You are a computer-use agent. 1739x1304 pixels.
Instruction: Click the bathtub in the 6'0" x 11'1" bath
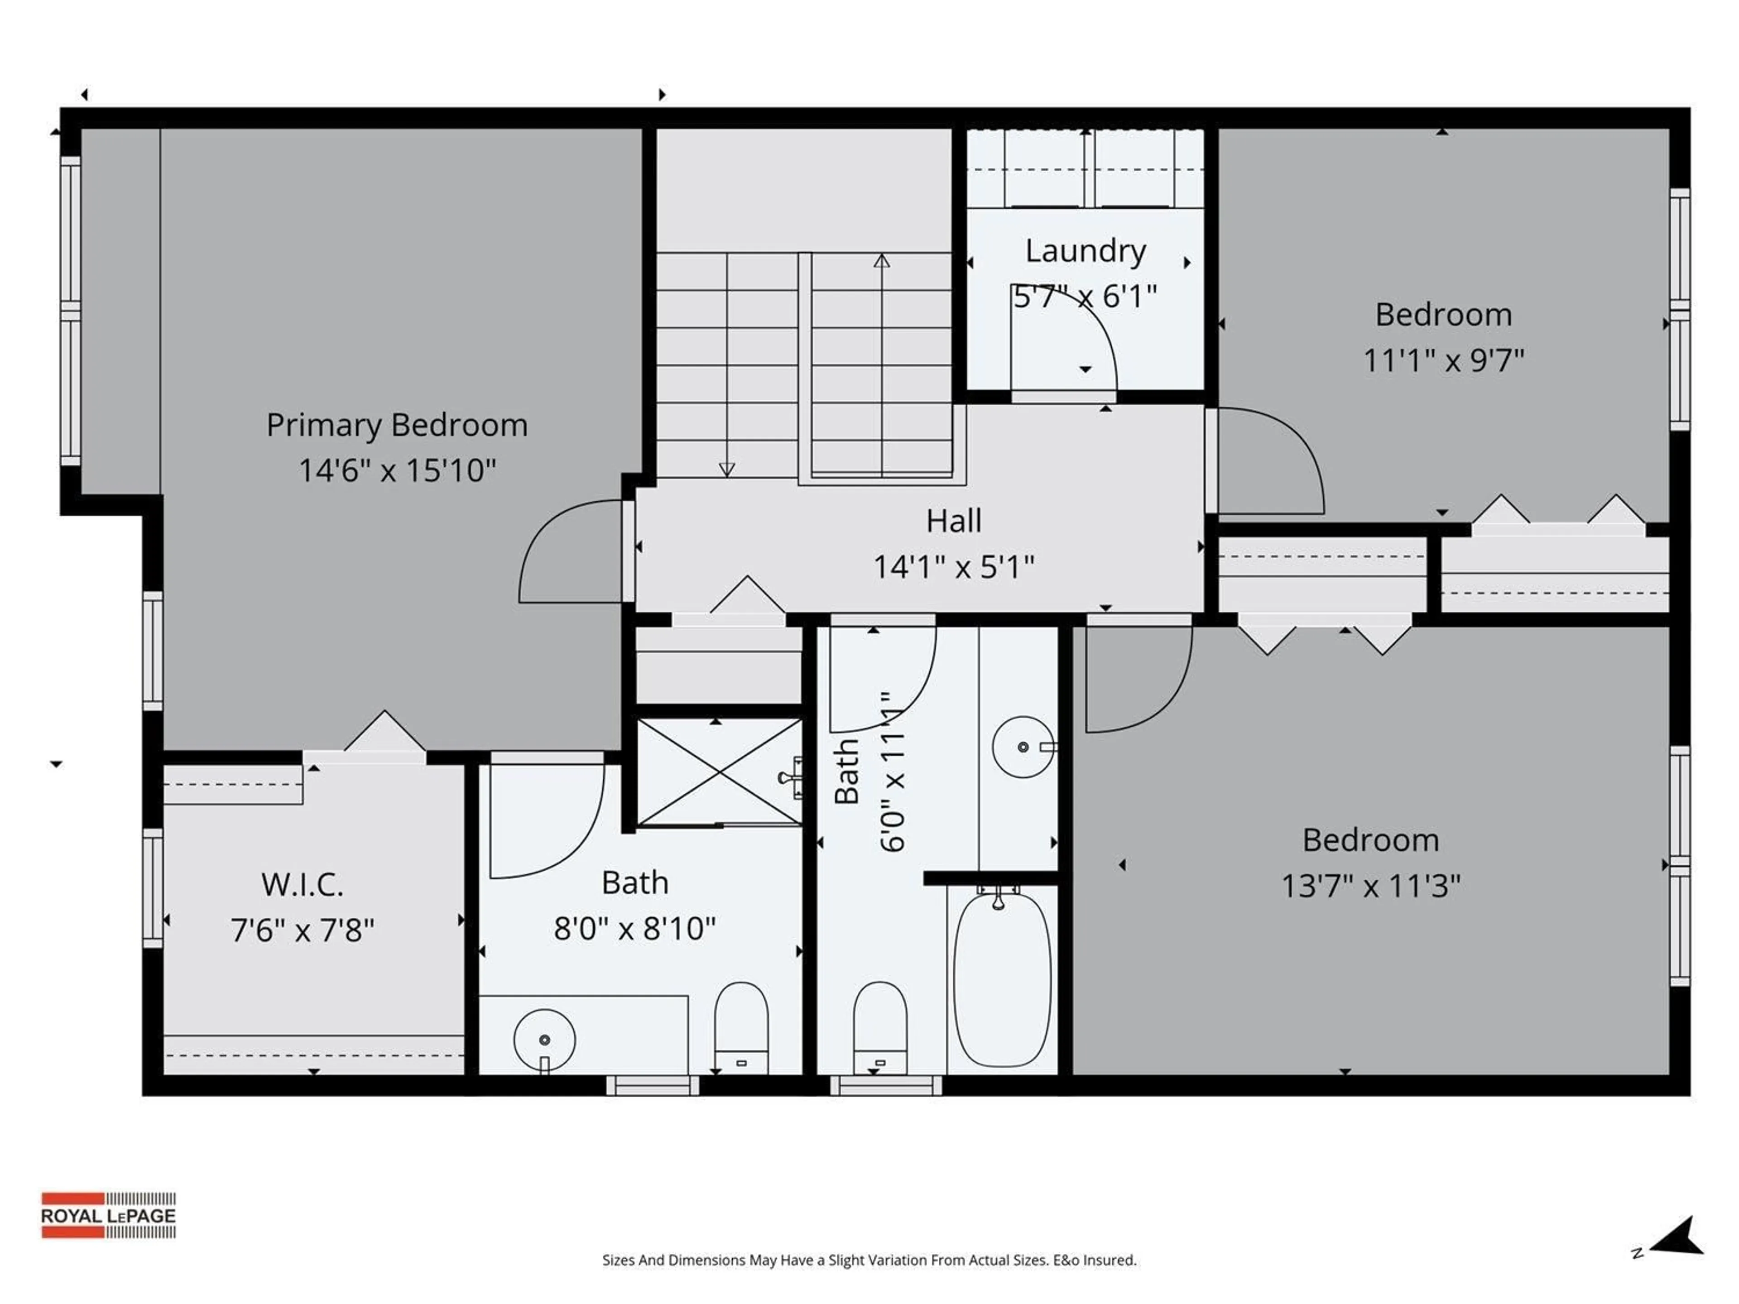click(x=1002, y=978)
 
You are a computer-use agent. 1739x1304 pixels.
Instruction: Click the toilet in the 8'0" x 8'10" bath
click(x=740, y=1026)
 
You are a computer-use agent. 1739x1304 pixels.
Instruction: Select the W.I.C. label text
click(x=303, y=885)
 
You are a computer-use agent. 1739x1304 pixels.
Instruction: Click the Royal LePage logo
click(x=109, y=1215)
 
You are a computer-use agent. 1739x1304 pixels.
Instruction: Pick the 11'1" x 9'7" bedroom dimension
click(x=1443, y=361)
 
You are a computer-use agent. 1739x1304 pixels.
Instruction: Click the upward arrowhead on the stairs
click(x=881, y=261)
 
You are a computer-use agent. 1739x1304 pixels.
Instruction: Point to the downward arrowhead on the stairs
click(x=726, y=469)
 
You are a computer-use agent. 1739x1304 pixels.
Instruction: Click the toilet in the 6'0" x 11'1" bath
click(x=880, y=1026)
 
